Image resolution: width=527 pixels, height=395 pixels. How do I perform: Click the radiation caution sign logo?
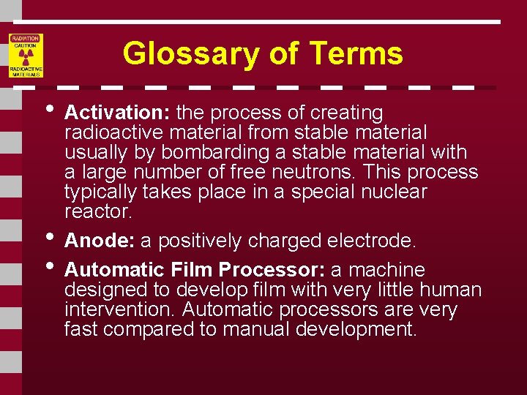tap(26, 56)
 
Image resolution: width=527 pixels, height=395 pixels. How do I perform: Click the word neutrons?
tap(322, 173)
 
